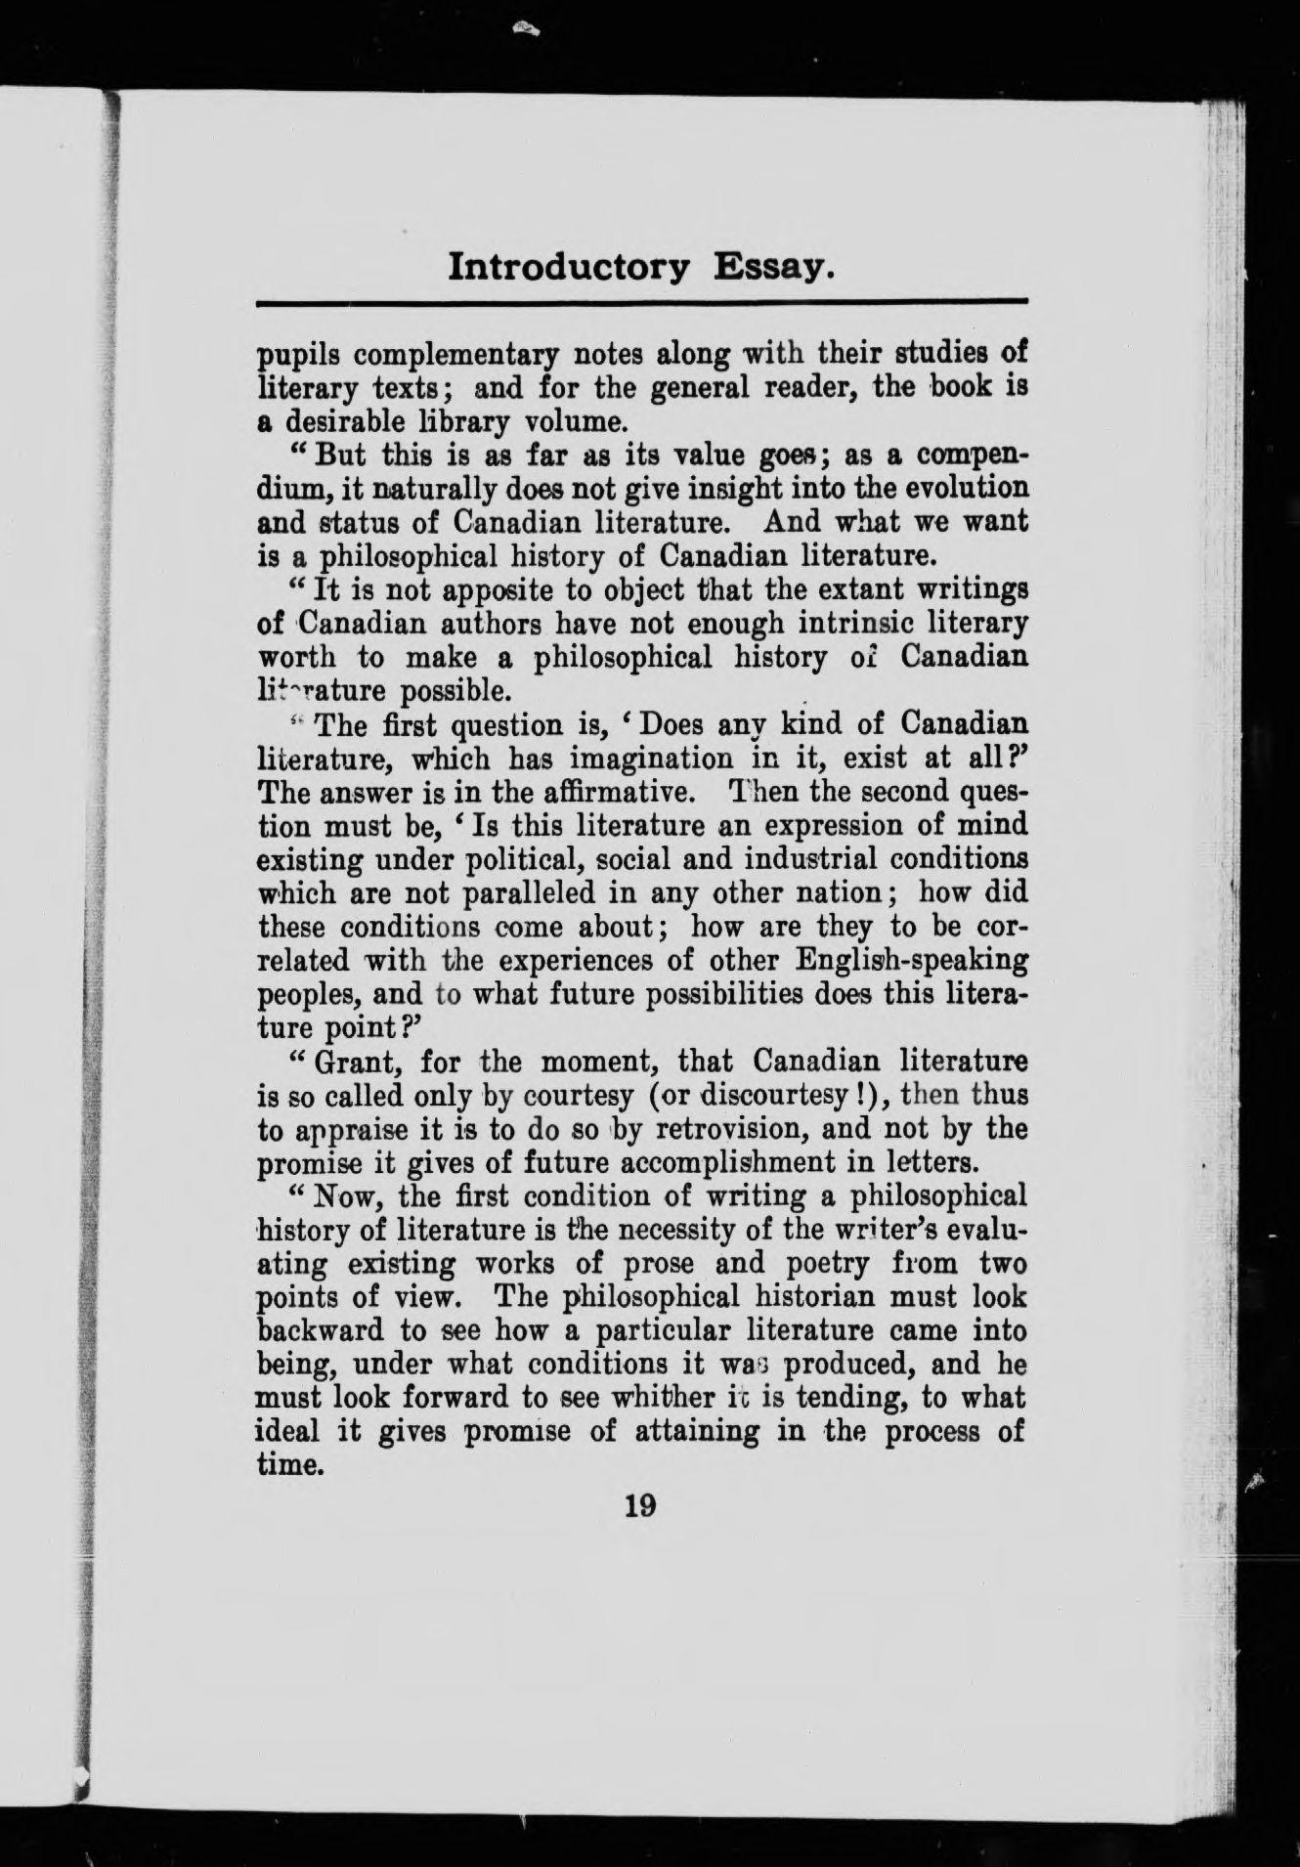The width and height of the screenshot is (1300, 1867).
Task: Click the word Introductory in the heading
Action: tap(569, 267)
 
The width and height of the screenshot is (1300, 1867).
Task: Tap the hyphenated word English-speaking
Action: tap(913, 961)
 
